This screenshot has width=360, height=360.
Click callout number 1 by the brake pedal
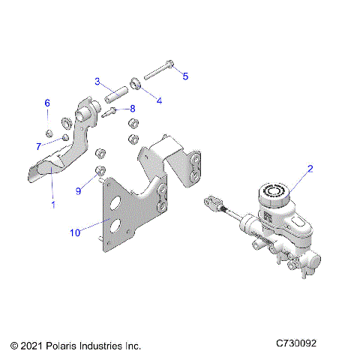(x=52, y=203)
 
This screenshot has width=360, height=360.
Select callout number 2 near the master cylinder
(x=310, y=169)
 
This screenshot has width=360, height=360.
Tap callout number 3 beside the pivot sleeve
(x=97, y=81)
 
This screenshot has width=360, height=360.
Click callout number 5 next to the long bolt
(x=186, y=76)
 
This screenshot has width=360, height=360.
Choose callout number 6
(x=46, y=103)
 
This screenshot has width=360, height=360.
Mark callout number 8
(x=132, y=108)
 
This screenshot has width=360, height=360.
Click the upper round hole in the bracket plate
(x=115, y=203)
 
